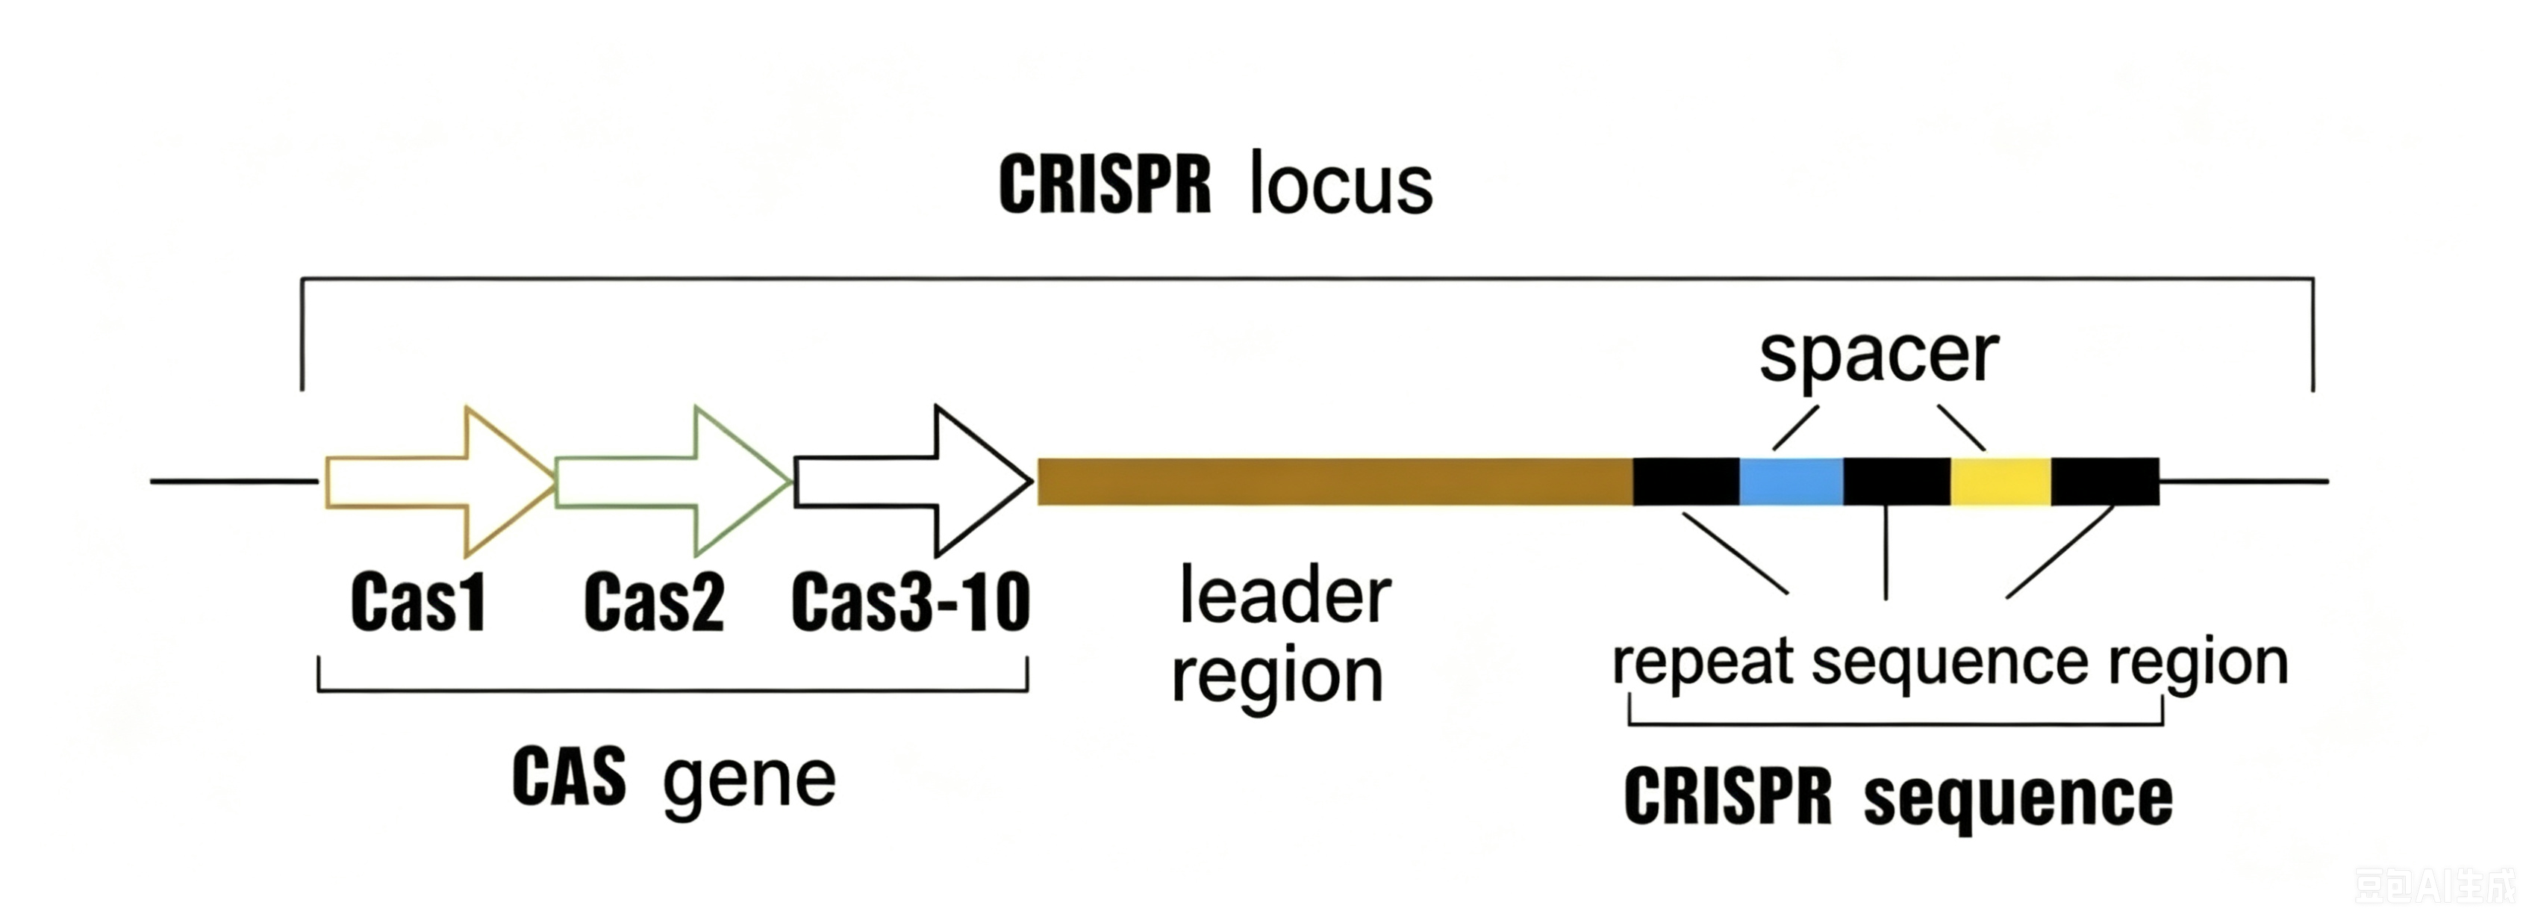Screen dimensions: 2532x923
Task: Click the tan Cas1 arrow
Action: point(440,482)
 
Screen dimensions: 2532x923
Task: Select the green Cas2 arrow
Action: point(673,482)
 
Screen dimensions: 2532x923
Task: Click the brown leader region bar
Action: point(1335,482)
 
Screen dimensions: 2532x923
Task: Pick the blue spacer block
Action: point(1791,482)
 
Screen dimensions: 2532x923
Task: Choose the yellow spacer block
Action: point(2001,482)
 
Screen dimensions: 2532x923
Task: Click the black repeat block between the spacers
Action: point(1897,482)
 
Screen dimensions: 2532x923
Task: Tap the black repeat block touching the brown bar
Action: point(1687,482)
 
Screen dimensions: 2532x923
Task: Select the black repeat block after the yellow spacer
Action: point(2106,482)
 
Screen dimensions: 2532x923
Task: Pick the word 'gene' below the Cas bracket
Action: point(749,781)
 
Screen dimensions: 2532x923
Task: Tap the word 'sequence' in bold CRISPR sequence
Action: point(2018,798)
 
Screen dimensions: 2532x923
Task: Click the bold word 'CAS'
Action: point(569,777)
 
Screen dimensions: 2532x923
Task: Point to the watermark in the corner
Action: point(2436,886)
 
